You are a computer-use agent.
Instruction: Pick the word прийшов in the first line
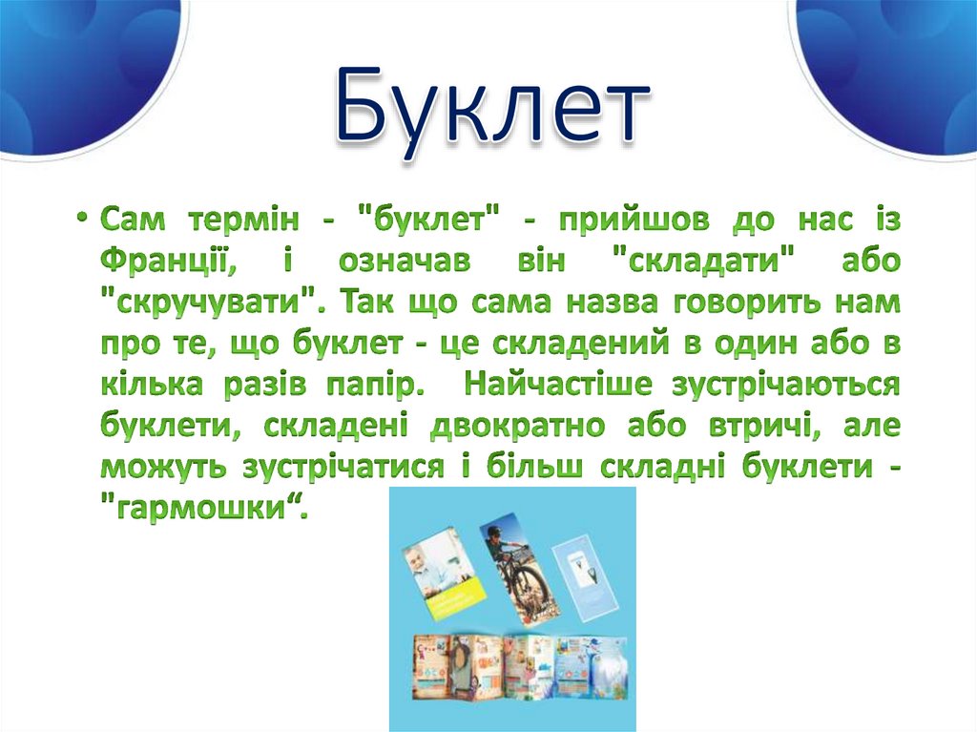coord(619,221)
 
